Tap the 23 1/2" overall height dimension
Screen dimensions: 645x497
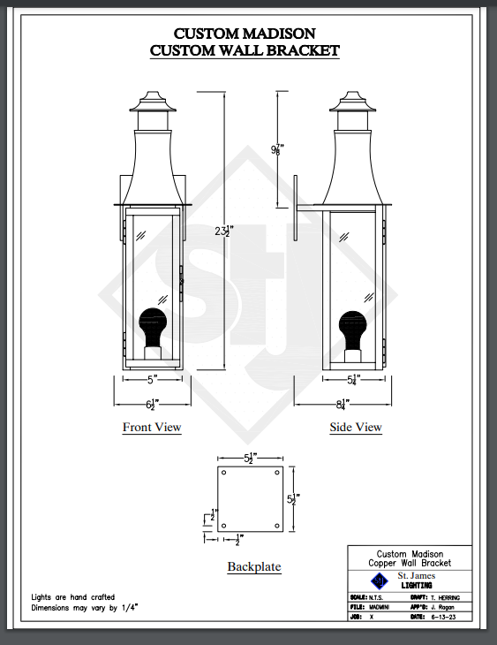click(x=223, y=231)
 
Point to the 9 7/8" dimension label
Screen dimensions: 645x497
click(x=277, y=149)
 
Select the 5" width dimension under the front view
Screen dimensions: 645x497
click(x=152, y=379)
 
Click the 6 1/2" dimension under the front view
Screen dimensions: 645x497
click(x=152, y=405)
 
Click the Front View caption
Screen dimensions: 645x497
click(x=152, y=428)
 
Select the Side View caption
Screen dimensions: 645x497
click(x=356, y=428)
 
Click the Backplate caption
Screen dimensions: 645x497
click(x=253, y=566)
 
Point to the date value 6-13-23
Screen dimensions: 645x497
click(x=444, y=618)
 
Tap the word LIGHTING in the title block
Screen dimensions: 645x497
click(x=417, y=586)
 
